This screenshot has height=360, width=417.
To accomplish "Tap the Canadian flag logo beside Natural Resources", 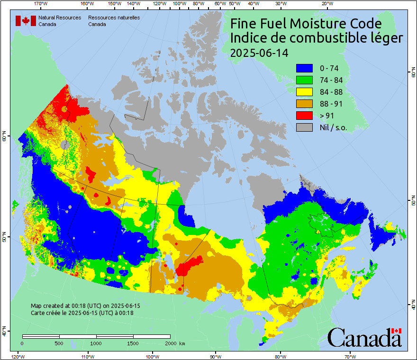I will point(26,21).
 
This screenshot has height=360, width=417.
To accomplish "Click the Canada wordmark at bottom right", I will point(364,338).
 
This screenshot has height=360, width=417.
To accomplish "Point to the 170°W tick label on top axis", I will point(41,3).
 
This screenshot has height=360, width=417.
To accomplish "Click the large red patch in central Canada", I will point(188,266).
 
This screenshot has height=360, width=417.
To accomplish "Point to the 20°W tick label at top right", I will point(326,3).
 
